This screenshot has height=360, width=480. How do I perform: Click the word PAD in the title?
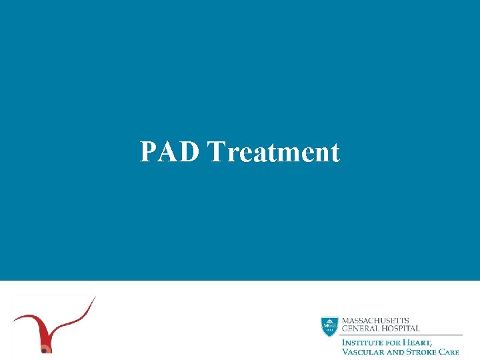pos(170,152)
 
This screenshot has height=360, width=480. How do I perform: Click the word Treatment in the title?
pos(273,152)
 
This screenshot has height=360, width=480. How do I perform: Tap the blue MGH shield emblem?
pos(329,325)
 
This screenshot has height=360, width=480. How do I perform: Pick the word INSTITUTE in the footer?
pos(363,343)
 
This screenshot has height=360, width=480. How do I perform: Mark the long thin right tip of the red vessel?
pos(95,299)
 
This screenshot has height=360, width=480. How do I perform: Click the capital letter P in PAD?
pos(147,152)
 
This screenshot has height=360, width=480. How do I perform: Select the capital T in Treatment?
pos(216,152)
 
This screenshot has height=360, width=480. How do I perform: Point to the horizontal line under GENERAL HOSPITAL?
pos(400,335)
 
